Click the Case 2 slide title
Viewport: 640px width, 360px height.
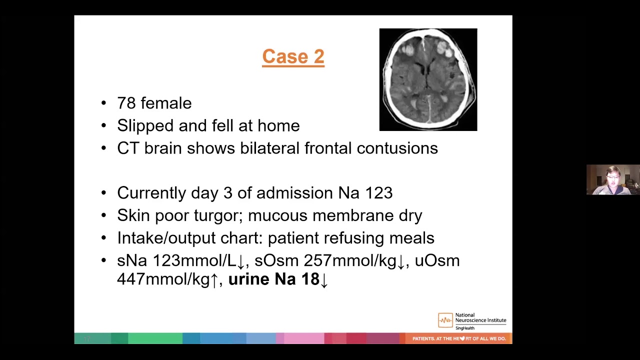pyautogui.click(x=293, y=56)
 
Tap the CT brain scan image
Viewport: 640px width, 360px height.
pyautogui.click(x=428, y=79)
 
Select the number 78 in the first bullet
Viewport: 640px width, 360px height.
pyautogui.click(x=126, y=103)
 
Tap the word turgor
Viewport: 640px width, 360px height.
pyautogui.click(x=220, y=215)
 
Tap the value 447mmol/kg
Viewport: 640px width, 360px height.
pyautogui.click(x=163, y=279)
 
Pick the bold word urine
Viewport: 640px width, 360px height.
pyautogui.click(x=248, y=279)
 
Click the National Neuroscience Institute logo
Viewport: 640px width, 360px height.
pyautogui.click(x=472, y=321)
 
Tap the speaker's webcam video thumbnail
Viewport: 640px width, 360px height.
pyautogui.click(x=613, y=179)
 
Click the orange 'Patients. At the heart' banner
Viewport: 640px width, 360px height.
pyautogui.click(x=458, y=338)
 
